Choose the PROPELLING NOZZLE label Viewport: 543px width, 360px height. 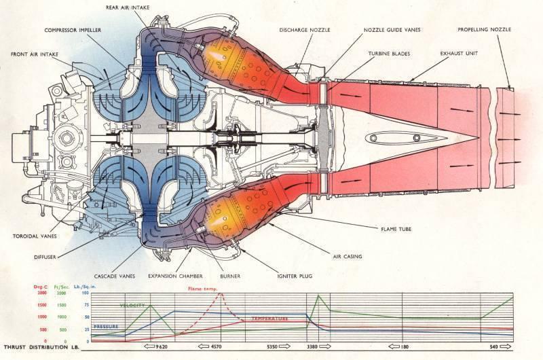(x=484, y=30)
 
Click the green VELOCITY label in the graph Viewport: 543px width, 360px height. (x=132, y=306)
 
